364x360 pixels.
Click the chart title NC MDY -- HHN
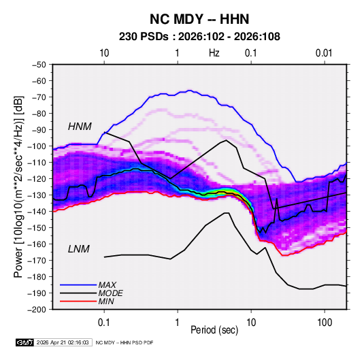point(199,19)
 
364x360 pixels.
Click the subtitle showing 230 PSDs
point(199,37)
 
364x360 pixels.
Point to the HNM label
point(80,127)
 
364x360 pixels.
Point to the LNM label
point(79,249)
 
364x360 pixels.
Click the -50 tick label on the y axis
point(39,65)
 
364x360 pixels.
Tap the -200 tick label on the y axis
point(37,310)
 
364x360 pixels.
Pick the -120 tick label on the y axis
point(37,179)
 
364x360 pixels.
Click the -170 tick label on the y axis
point(37,261)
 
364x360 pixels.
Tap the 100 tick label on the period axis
point(325,323)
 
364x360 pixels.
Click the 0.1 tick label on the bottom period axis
point(104,323)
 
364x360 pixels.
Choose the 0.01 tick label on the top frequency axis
point(324,53)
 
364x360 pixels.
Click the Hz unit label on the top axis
point(214,53)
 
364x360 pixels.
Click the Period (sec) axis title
point(214,330)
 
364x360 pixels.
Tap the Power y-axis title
point(18,187)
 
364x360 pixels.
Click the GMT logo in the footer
point(25,342)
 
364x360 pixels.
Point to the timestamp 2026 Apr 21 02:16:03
point(63,342)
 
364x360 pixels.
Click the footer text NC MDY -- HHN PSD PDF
point(125,342)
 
